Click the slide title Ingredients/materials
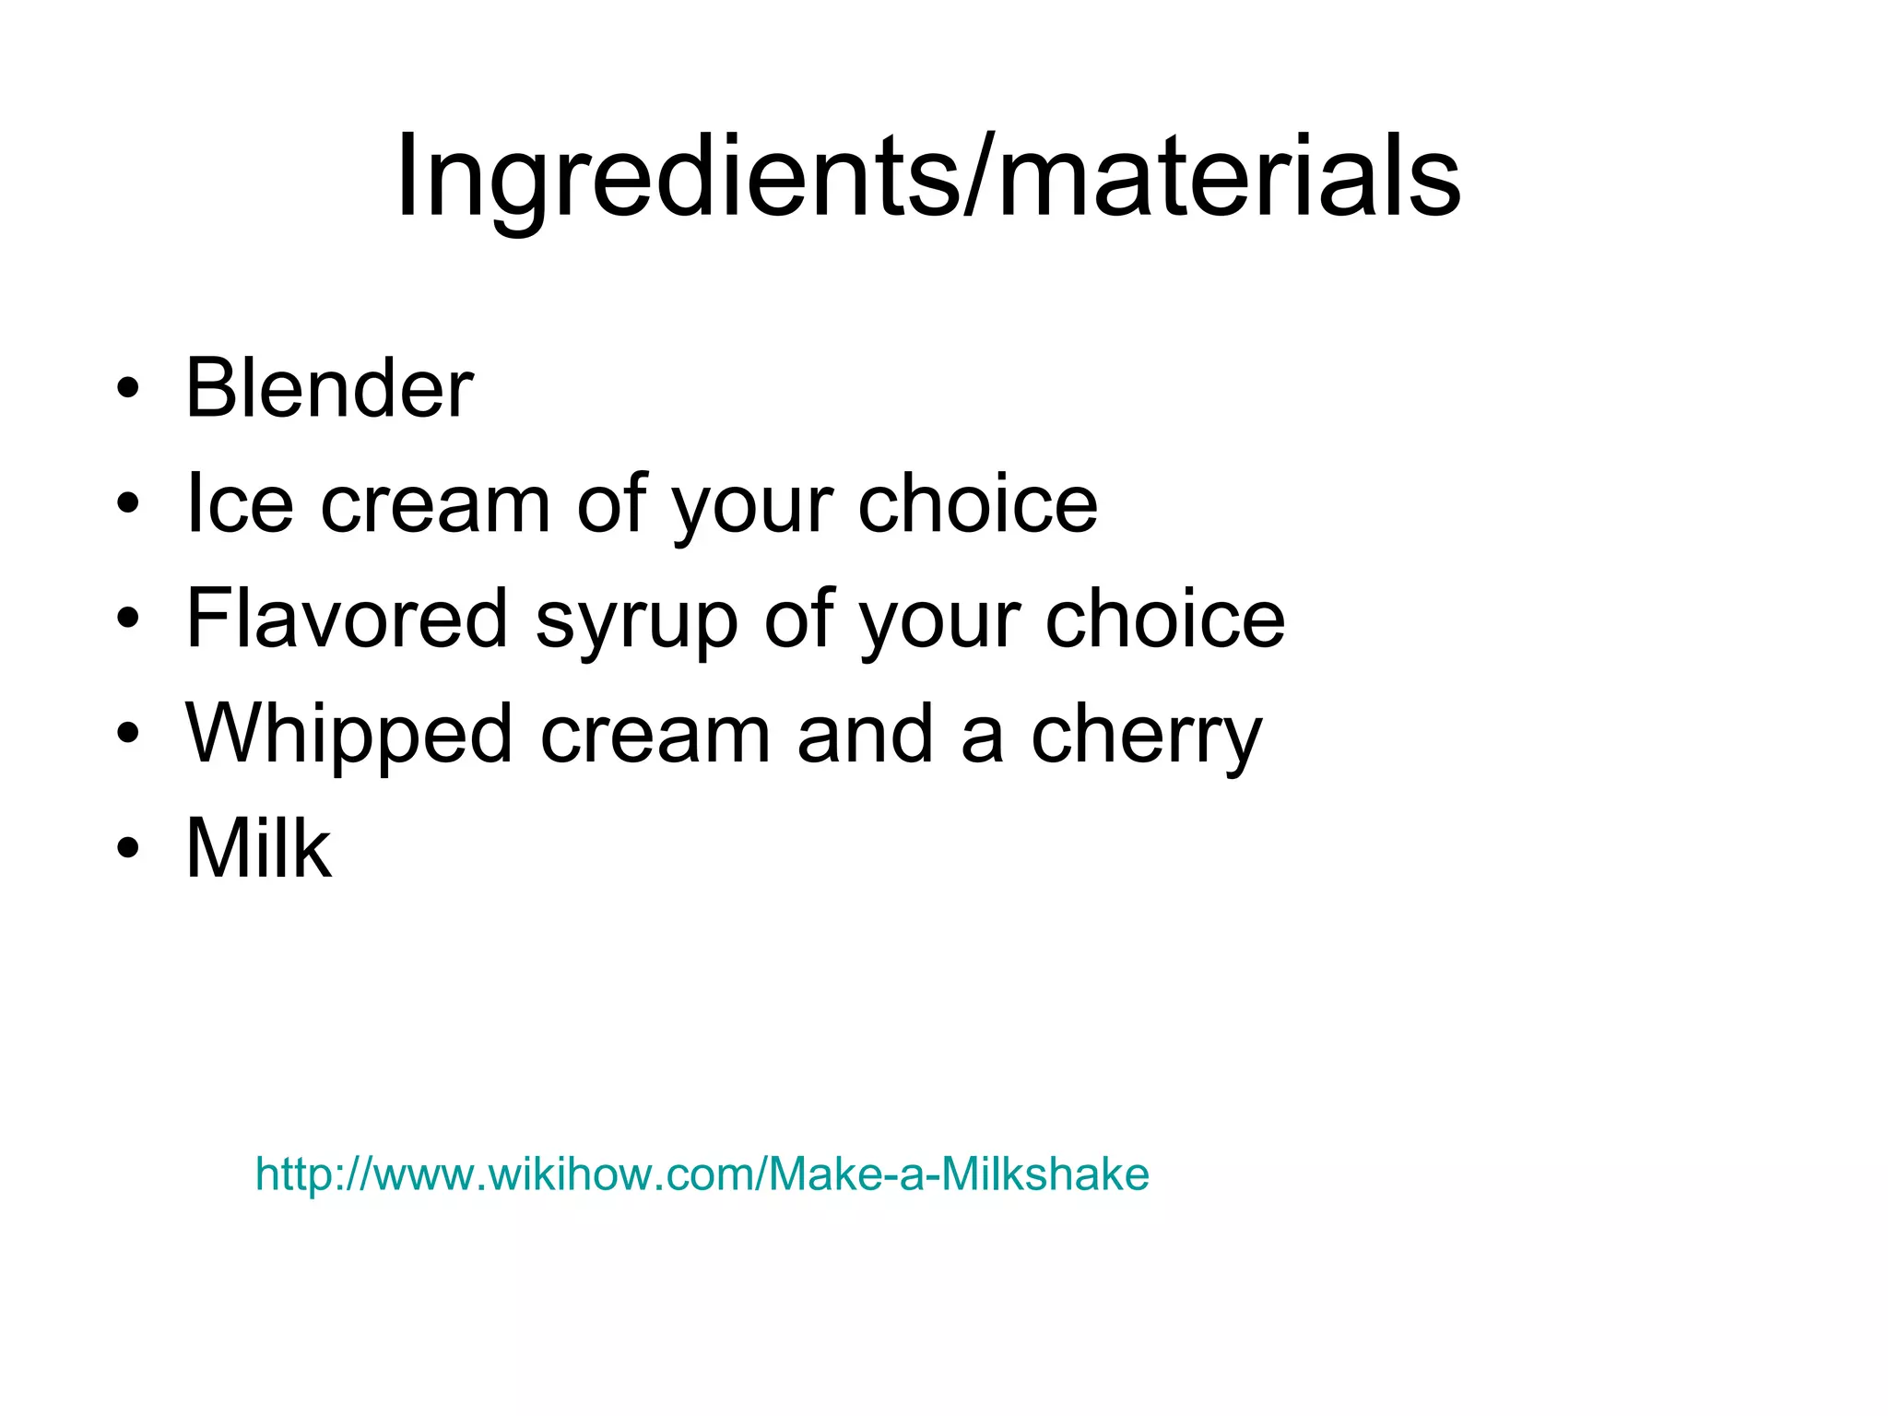(927, 177)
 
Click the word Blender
(329, 388)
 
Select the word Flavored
(347, 618)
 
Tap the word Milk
(258, 848)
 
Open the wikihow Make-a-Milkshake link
(702, 1174)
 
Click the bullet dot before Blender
(128, 388)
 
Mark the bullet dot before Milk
(128, 848)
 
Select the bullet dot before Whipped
(128, 733)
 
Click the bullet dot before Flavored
(128, 618)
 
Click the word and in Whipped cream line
(866, 734)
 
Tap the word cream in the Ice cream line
(435, 505)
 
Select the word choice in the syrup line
(1165, 618)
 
